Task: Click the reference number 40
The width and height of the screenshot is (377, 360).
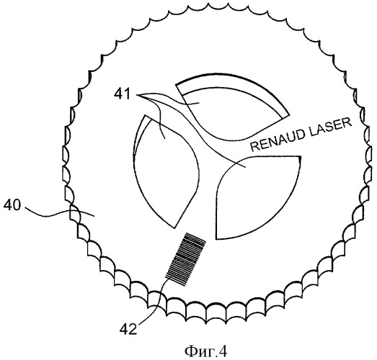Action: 12,205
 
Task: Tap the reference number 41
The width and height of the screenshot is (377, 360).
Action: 122,94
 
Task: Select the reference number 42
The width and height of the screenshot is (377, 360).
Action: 128,329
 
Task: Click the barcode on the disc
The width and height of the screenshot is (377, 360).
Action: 185,259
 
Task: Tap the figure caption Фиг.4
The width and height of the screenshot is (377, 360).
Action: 205,352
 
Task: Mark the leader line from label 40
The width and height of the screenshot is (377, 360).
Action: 59,212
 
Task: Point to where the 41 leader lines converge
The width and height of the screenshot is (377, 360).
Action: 138,95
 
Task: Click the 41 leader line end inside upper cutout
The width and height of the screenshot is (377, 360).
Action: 199,103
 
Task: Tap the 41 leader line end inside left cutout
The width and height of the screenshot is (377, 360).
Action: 164,138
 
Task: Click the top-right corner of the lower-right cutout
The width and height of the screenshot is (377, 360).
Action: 301,156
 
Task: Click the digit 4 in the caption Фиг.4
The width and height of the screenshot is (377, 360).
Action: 223,352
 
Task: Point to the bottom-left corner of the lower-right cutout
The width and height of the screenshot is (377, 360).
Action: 217,239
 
